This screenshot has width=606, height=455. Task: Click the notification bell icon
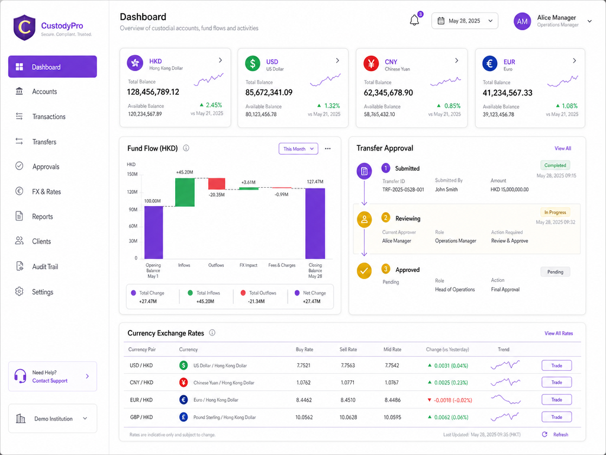click(414, 20)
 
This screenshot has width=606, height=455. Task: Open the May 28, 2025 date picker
click(465, 21)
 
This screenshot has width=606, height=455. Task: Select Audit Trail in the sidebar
click(45, 267)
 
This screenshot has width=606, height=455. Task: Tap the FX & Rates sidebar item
click(46, 191)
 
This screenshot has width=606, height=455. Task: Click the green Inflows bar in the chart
click(185, 193)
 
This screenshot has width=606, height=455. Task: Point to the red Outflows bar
click(217, 184)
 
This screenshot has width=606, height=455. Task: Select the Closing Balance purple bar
click(315, 223)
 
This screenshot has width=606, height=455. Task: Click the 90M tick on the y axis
click(133, 210)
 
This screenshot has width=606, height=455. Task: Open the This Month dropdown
click(298, 149)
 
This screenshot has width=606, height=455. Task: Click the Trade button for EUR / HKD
click(556, 400)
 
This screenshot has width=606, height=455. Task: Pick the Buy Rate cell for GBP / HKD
click(304, 418)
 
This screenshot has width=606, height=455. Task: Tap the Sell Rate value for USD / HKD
click(348, 365)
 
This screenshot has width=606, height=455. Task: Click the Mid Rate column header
click(392, 350)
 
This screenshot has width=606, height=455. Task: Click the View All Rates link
click(559, 334)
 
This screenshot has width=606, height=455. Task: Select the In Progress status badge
click(555, 213)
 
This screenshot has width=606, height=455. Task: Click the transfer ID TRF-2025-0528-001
click(403, 190)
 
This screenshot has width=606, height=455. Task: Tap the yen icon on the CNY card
click(371, 63)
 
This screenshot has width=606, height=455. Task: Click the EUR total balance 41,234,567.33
click(507, 93)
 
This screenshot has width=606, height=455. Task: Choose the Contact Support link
click(50, 381)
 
